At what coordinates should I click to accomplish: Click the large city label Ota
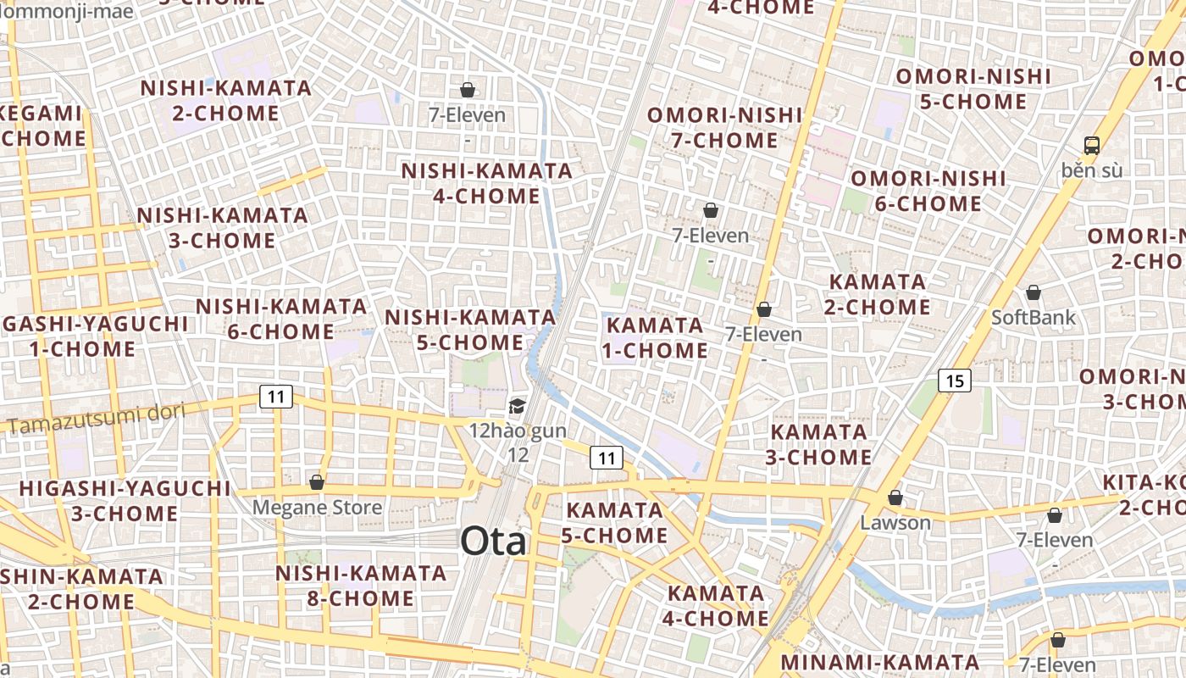pos(493,542)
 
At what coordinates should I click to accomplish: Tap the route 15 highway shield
pos(954,381)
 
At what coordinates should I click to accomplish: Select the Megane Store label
pos(318,508)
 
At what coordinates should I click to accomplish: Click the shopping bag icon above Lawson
pos(895,497)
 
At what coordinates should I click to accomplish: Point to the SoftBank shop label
pos(1034,318)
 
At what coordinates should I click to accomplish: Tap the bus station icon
pos(1092,145)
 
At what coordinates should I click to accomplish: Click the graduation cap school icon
pos(517,407)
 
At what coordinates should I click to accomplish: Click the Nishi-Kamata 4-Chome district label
pos(486,183)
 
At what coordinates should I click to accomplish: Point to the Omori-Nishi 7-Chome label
pos(724,127)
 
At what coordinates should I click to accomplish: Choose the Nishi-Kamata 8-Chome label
pos(360,586)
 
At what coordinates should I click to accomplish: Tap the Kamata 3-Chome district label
pos(818,444)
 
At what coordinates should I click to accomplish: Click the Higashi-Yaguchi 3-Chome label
pos(125,501)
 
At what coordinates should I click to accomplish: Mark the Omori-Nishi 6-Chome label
pos(928,191)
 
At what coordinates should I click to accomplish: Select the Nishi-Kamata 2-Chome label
pos(225,100)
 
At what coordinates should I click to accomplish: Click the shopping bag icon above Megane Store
pos(317,482)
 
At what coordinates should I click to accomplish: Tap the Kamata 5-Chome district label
pos(616,522)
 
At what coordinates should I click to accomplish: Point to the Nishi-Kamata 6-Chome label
pos(281,319)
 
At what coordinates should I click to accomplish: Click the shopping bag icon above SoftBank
pos(1034,293)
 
